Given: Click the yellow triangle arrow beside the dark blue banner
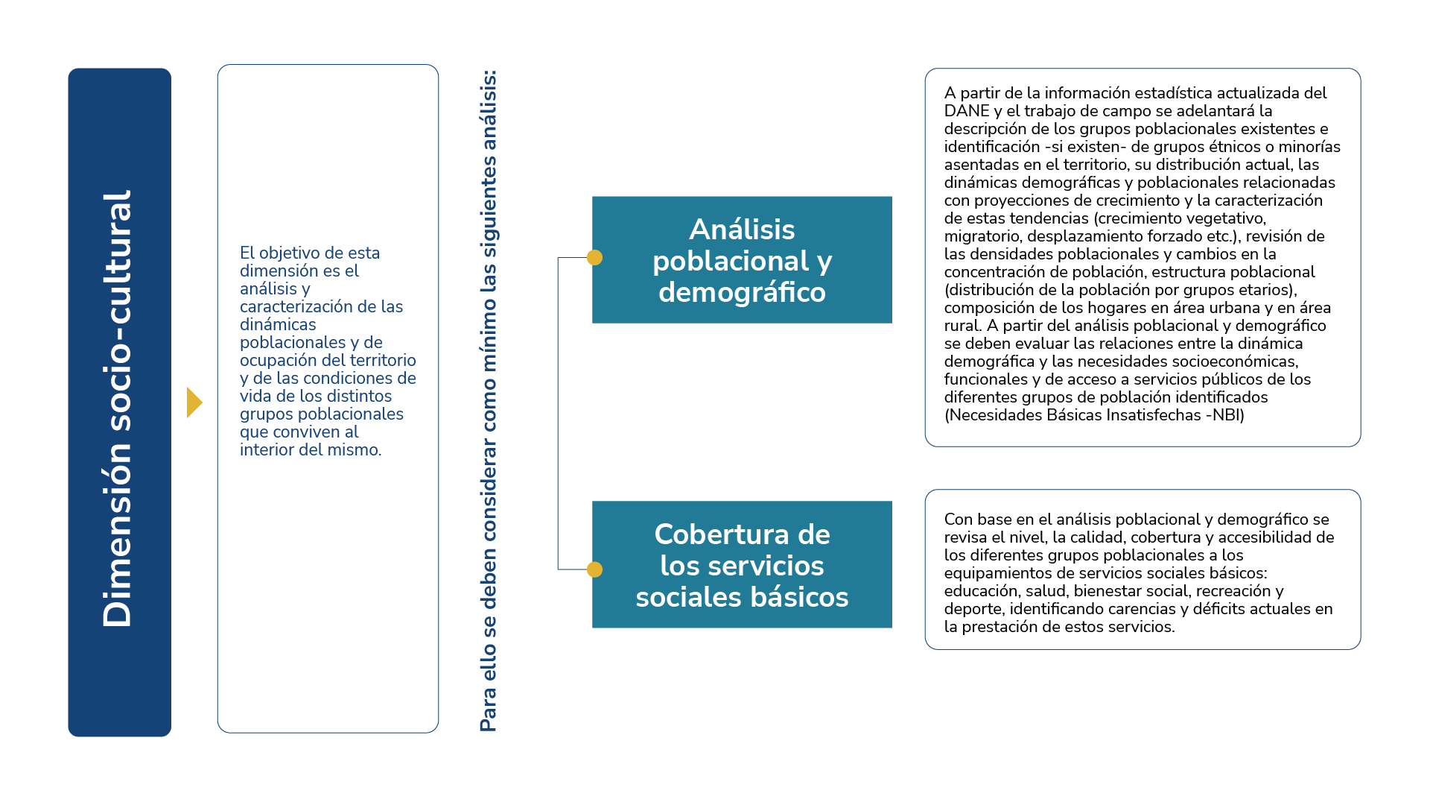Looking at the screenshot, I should [x=194, y=402].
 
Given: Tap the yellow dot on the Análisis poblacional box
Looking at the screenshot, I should [x=594, y=257].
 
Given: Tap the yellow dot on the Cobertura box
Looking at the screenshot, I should [x=594, y=569].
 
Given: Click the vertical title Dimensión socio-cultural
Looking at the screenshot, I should [x=118, y=408].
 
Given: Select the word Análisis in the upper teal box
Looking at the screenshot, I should [x=742, y=230].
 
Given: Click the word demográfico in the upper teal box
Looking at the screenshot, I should [x=742, y=292].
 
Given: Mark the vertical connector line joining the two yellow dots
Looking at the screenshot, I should [x=558, y=414].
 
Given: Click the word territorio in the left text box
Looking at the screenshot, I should [x=383, y=361].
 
